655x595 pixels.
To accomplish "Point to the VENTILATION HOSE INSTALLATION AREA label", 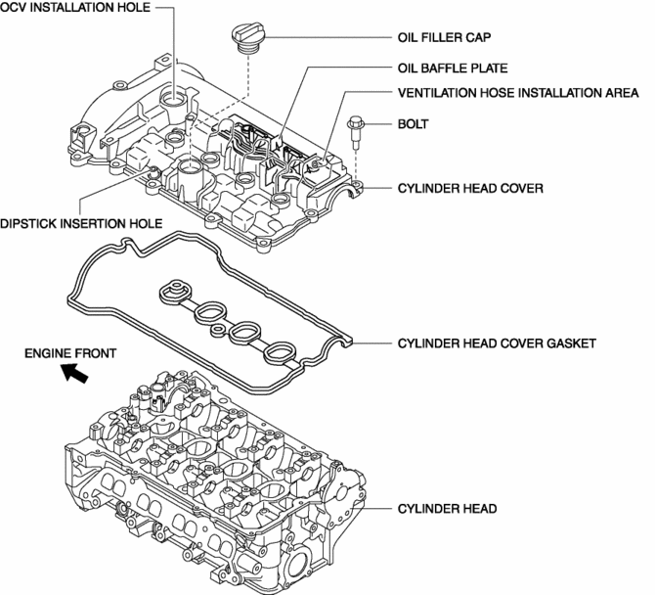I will (x=520, y=94).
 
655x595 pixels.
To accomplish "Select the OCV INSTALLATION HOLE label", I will (x=74, y=9).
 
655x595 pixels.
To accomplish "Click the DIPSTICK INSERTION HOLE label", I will (x=81, y=222).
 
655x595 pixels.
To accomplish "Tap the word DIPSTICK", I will (x=31, y=222).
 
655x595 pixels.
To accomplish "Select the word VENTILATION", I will (x=439, y=94).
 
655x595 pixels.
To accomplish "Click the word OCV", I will (x=15, y=9).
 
